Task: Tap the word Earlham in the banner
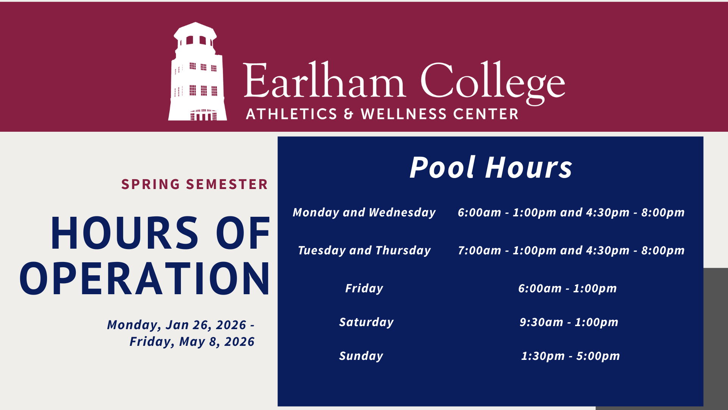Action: tap(324, 80)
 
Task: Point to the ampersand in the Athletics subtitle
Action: tap(348, 114)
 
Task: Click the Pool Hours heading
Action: tap(491, 167)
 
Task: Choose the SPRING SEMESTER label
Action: tap(195, 184)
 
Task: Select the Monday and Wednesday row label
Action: tap(364, 213)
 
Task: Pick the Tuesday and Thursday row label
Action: tap(364, 251)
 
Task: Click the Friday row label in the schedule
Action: tap(364, 289)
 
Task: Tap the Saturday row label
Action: tap(366, 322)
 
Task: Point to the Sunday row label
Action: tap(361, 356)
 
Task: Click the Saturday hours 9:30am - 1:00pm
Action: tap(569, 322)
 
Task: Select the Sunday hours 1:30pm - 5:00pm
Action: tap(570, 356)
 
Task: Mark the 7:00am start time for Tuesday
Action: tap(479, 251)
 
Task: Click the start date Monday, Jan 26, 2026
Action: tap(177, 325)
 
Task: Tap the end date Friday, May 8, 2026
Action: tap(192, 342)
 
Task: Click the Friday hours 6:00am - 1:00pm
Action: tap(567, 289)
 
